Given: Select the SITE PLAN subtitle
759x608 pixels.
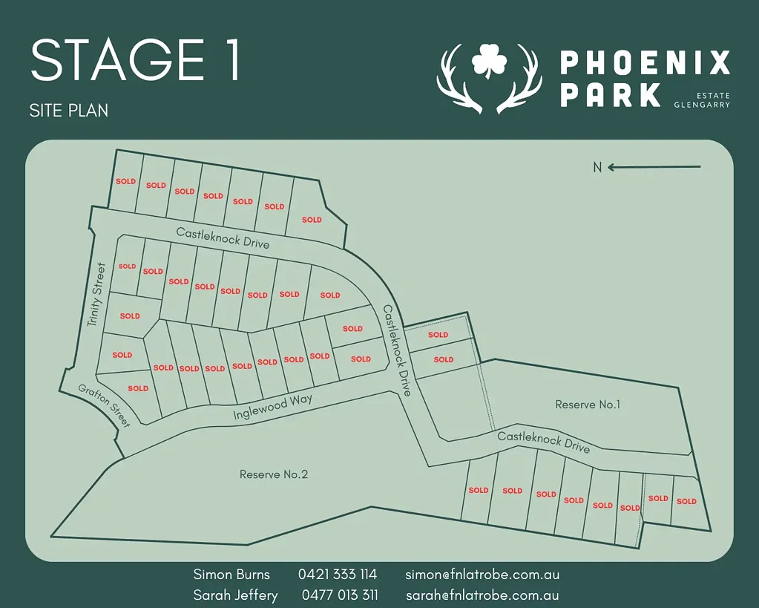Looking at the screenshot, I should pyautogui.click(x=69, y=111).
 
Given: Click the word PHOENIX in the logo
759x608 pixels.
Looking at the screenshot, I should pyautogui.click(x=645, y=63).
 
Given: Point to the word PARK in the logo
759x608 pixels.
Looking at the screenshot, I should pyautogui.click(x=610, y=95).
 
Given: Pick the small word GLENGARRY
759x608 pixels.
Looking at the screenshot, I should pyautogui.click(x=702, y=105).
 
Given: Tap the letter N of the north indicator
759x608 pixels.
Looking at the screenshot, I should pyautogui.click(x=597, y=168).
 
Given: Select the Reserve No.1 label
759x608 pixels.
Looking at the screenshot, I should pyautogui.click(x=588, y=405).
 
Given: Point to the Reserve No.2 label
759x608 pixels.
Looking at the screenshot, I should pyautogui.click(x=274, y=474).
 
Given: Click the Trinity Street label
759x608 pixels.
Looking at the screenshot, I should pyautogui.click(x=97, y=295).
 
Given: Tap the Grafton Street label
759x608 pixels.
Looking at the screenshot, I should pyautogui.click(x=105, y=405).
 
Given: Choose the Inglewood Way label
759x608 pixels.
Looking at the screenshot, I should pyautogui.click(x=272, y=408).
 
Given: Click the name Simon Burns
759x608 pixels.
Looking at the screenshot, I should pyautogui.click(x=231, y=575).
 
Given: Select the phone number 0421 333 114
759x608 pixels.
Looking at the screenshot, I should pyautogui.click(x=338, y=575).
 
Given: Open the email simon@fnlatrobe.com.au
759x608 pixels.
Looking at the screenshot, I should pyautogui.click(x=482, y=575).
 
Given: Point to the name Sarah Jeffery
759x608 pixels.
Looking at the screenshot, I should pyautogui.click(x=236, y=595).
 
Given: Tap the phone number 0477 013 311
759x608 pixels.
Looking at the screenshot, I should pyautogui.click(x=340, y=595).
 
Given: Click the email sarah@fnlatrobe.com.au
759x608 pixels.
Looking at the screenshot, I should pyautogui.click(x=482, y=595).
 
